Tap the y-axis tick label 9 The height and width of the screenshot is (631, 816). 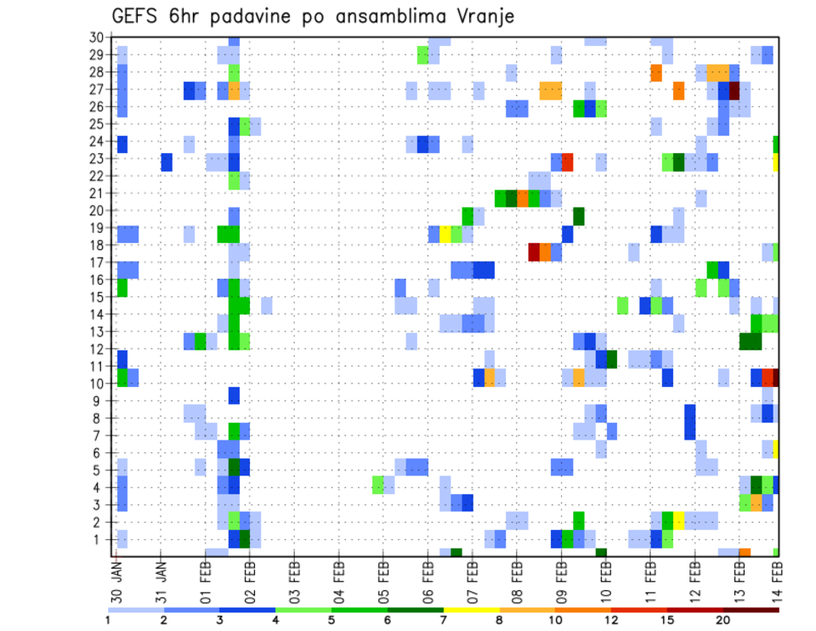click(x=99, y=401)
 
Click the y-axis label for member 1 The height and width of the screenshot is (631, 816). click(x=99, y=539)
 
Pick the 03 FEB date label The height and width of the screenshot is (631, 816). click(x=294, y=579)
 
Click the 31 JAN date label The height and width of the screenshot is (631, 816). click(x=161, y=579)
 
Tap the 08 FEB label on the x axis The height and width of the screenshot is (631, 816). click(x=516, y=579)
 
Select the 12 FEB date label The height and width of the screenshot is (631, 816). click(x=694, y=579)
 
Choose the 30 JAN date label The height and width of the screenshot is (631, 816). click(x=117, y=579)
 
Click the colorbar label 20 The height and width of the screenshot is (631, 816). click(x=723, y=620)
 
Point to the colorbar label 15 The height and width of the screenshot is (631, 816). click(x=667, y=620)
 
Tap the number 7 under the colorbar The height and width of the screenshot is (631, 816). click(x=443, y=620)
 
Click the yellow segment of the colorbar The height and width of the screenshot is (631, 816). click(x=471, y=610)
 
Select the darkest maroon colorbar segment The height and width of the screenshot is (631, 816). click(x=751, y=610)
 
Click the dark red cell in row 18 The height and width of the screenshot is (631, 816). click(x=534, y=253)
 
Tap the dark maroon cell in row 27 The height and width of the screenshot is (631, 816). click(x=734, y=89)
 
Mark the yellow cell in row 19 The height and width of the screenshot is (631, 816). click(x=445, y=234)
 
